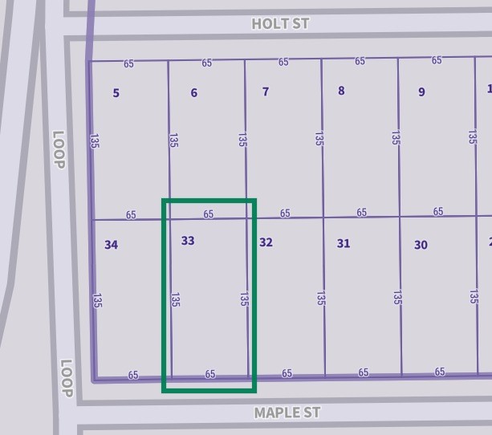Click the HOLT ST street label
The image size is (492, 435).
pos(280,23)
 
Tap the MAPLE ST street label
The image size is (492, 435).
pos(287,413)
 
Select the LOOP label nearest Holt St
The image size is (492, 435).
pos(58,150)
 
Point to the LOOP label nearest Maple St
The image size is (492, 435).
pos(66,378)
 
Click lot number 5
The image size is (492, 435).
pos(116,93)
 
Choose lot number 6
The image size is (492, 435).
pos(193,93)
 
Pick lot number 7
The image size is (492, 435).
pos(266,91)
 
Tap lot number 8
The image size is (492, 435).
pos(341,91)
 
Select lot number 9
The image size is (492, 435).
pos(421,92)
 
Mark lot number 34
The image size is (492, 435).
pos(112,244)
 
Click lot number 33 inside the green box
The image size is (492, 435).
pos(188,240)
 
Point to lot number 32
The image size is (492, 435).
pos(266,242)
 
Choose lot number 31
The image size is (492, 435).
pos(344,243)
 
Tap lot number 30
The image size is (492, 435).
pos(421,245)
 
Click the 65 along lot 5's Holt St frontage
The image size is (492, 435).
pos(129,63)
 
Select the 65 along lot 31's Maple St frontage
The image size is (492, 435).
pos(364,372)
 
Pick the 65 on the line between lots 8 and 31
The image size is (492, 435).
pos(362,213)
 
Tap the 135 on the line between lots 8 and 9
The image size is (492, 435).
pos(396,138)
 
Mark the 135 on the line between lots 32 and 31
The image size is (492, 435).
pos(321,299)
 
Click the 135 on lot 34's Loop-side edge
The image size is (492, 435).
pos(97,300)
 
